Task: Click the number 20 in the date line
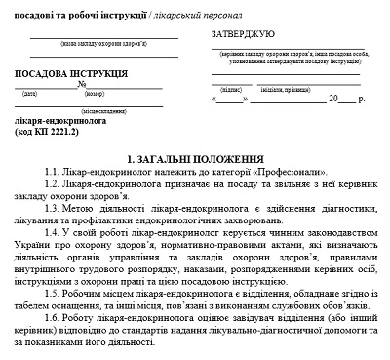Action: (x=334, y=99)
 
